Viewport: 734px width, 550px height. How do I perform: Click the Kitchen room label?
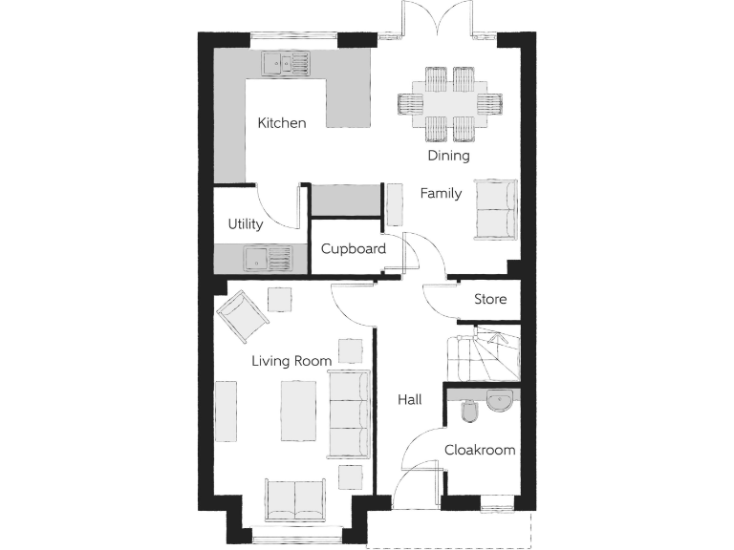282,123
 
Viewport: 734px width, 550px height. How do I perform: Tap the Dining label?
448,156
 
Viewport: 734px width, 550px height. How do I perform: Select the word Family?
441,194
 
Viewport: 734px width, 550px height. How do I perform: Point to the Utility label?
245,224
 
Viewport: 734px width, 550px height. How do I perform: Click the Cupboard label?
353,249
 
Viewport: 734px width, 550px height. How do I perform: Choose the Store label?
490,300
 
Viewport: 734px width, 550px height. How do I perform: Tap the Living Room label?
291,361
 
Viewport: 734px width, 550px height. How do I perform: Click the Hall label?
409,400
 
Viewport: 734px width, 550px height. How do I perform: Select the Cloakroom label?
480,450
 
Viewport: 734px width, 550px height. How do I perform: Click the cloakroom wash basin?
501,401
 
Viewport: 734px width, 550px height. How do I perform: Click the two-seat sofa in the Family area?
496,208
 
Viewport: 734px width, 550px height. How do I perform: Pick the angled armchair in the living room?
244,316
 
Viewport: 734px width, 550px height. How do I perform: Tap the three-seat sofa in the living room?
349,413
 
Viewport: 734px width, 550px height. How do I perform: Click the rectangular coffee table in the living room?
298,411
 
